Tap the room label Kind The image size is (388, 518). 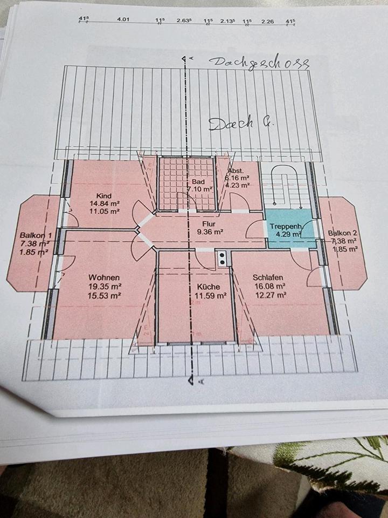tap(103, 195)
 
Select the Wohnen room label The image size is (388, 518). tap(104, 277)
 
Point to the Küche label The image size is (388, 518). tap(208, 287)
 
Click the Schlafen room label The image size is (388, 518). tap(268, 277)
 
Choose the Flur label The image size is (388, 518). tap(209, 223)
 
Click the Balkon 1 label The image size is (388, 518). tap(36, 236)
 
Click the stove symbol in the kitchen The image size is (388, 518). tap(221, 258)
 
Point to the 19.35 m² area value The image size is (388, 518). tap(104, 287)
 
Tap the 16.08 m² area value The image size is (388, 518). tap(269, 287)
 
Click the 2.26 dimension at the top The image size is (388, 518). tap(268, 21)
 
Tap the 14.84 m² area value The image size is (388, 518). tap(104, 204)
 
